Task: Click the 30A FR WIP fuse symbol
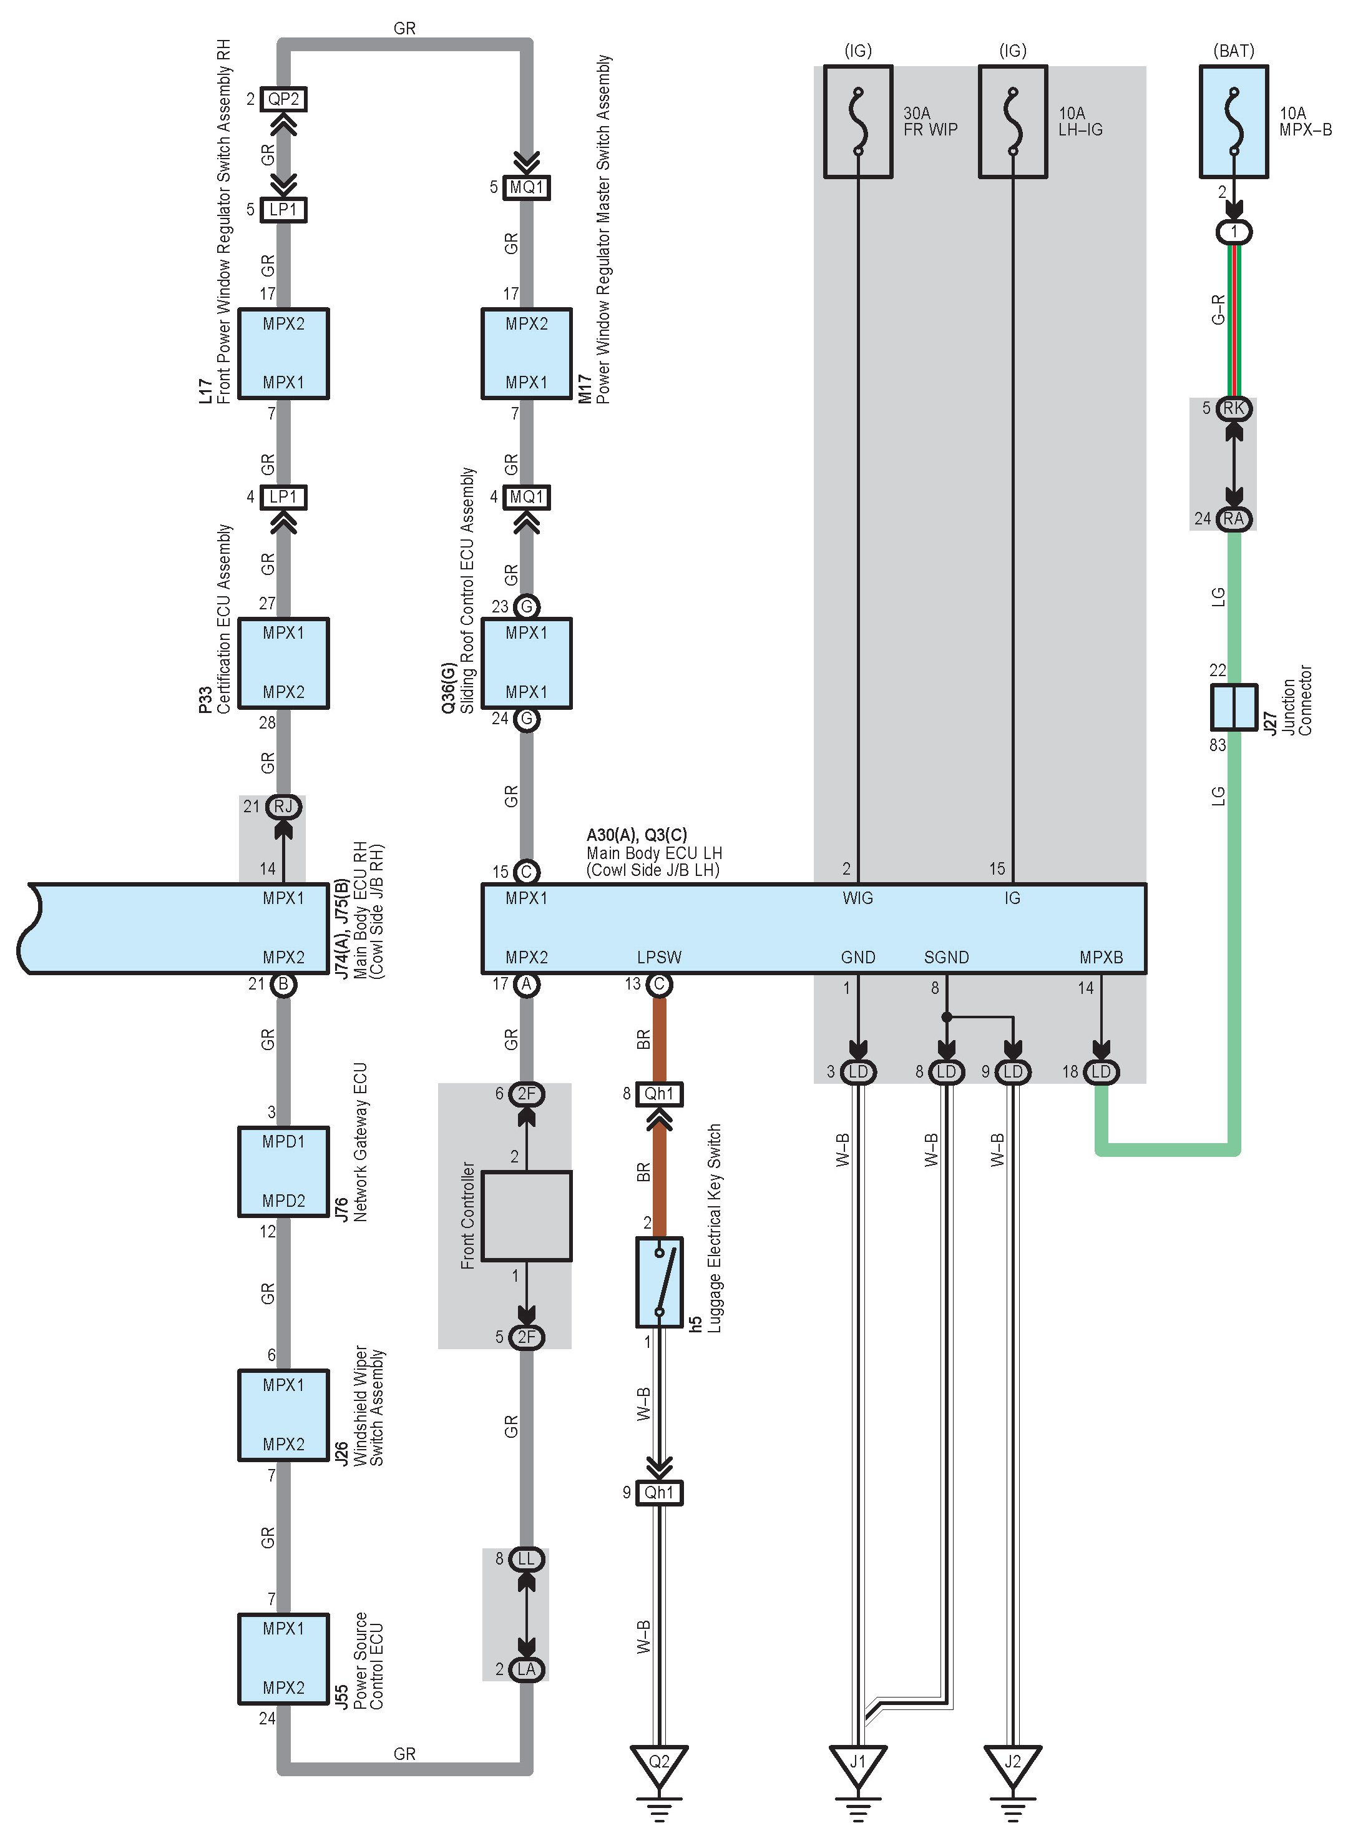[857, 121]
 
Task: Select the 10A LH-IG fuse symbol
[1013, 121]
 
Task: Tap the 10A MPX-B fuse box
[1233, 121]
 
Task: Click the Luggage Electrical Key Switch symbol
[659, 1282]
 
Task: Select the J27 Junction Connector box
[1233, 706]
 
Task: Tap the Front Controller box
[527, 1216]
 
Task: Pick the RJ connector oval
[283, 806]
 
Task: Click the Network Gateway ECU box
[283, 1172]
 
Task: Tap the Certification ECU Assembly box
[283, 663]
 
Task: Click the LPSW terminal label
[659, 957]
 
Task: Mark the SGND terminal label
[946, 957]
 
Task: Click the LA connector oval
[527, 1669]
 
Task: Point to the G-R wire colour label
[1218, 310]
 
